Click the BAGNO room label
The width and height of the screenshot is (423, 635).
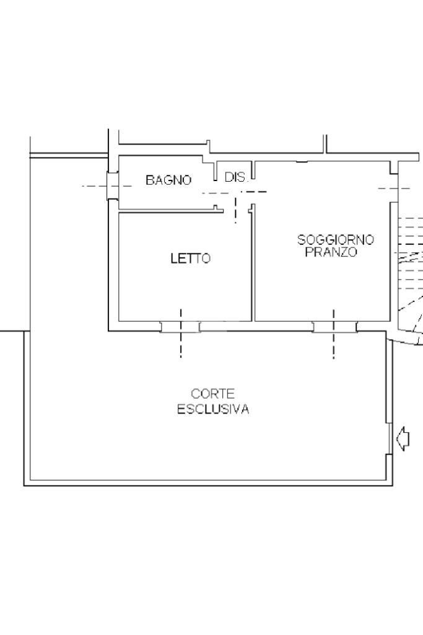pos(168,180)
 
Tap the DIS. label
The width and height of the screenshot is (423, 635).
pos(235,177)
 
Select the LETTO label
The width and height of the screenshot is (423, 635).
pos(191,259)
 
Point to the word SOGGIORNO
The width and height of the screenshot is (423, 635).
pos(336,240)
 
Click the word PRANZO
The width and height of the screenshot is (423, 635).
pos(331,252)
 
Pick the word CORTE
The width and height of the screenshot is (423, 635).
pos(212,394)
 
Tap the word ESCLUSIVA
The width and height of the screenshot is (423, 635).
pos(213,409)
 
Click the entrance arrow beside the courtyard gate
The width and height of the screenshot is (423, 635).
pos(403,438)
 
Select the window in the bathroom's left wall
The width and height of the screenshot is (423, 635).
pos(112,186)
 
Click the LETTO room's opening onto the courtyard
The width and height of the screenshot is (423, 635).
pos(180,326)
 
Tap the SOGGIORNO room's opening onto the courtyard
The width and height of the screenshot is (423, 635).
pos(334,326)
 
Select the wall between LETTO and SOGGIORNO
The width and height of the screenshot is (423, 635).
pos(253,263)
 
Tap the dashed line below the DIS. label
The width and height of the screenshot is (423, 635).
pos(236,211)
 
